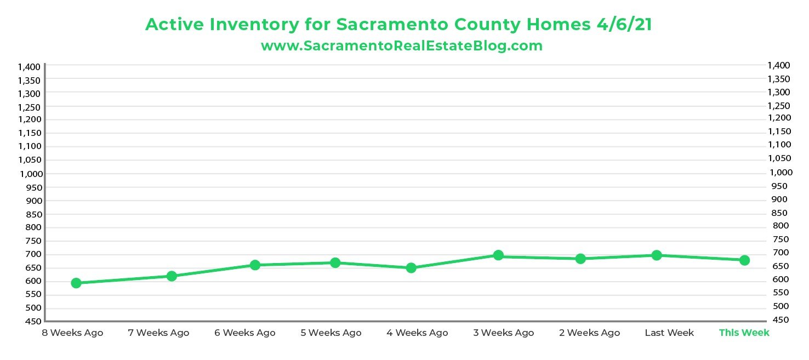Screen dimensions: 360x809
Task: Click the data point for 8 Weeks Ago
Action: click(76, 283)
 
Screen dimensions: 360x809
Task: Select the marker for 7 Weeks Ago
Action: click(172, 276)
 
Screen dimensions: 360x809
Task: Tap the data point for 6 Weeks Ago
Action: click(255, 265)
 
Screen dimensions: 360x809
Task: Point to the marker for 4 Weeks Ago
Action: click(411, 268)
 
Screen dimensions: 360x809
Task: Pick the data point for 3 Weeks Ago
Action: click(498, 255)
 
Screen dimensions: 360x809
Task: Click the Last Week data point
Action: click(657, 255)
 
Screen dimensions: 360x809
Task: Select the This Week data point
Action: click(744, 260)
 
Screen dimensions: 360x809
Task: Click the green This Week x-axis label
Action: click(744, 333)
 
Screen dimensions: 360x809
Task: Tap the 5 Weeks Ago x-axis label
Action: click(331, 333)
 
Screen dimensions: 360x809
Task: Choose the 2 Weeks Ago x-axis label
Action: click(590, 333)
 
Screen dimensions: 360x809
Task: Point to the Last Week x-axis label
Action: click(669, 333)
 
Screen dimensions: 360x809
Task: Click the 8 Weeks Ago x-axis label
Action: click(72, 333)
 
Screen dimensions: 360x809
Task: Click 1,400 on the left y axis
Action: click(29, 67)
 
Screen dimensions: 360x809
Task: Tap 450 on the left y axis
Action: click(33, 322)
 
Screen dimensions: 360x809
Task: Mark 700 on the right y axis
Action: click(780, 253)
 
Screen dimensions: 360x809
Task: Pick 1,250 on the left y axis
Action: click(29, 107)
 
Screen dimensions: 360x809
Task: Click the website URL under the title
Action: click(402, 45)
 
